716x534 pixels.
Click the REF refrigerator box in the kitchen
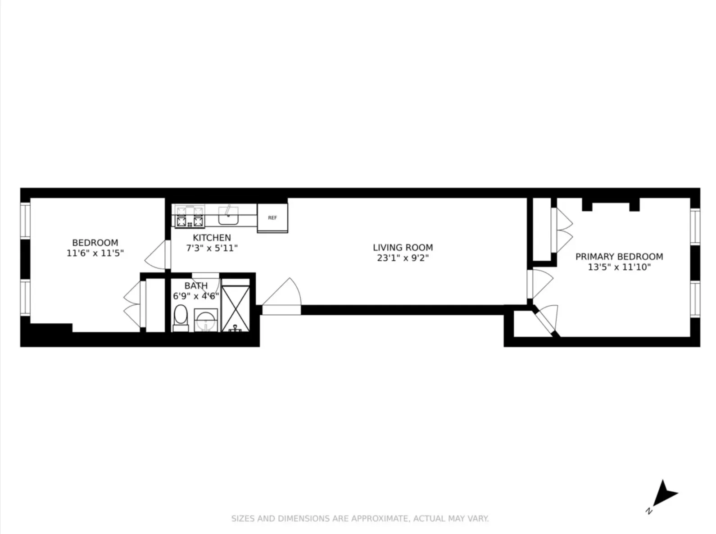click(272, 218)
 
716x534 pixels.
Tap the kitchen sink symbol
click(229, 215)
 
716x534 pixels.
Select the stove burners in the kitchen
click(190, 217)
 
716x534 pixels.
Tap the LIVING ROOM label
click(403, 247)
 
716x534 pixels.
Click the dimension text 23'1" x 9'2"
click(403, 258)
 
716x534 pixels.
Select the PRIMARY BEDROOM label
click(619, 256)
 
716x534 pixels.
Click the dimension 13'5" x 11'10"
click(619, 267)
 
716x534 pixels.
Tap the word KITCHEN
click(212, 237)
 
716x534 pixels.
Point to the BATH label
click(196, 285)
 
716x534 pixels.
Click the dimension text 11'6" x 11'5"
click(95, 253)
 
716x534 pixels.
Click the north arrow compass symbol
click(663, 495)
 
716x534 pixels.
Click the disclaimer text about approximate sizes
click(360, 518)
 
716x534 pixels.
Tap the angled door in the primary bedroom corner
click(547, 319)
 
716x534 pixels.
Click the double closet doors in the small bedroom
click(132, 305)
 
